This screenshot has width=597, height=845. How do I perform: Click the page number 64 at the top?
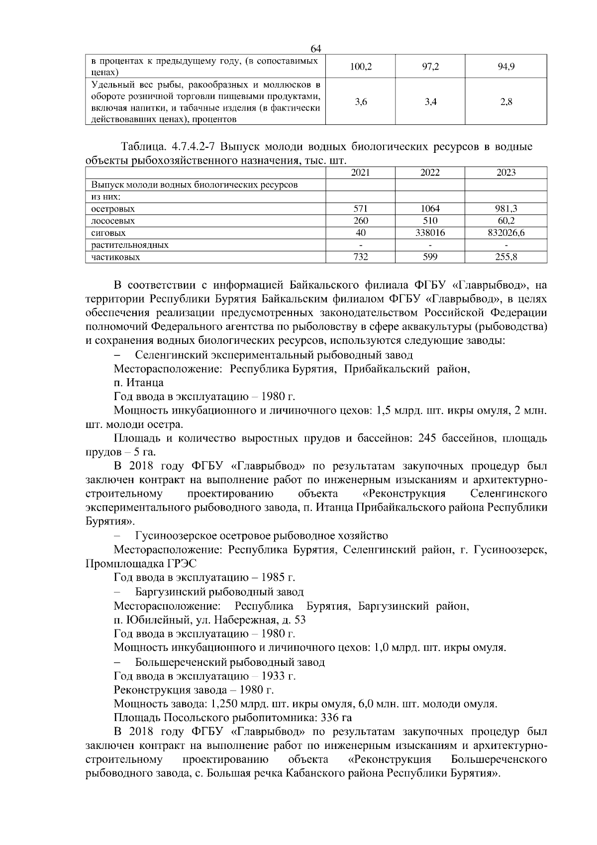(316, 49)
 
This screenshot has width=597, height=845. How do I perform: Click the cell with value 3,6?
(361, 103)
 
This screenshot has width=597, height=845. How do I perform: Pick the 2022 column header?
(430, 173)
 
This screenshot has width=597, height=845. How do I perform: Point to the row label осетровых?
(113, 209)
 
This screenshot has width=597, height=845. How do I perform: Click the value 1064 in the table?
(430, 209)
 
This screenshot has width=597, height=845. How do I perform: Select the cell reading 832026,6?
(506, 233)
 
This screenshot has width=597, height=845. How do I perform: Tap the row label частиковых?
(115, 257)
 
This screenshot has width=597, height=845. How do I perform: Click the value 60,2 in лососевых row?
(506, 221)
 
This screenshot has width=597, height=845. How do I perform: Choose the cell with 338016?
(430, 233)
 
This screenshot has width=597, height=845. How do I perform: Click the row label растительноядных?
(130, 245)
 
